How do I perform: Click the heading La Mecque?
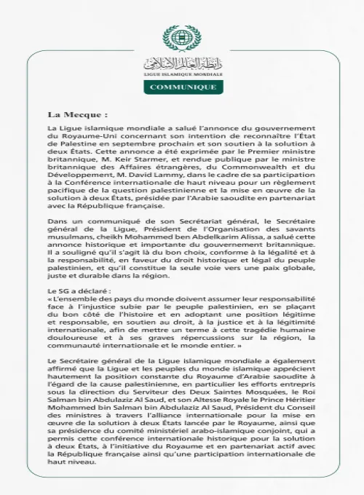[x=78, y=115]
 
